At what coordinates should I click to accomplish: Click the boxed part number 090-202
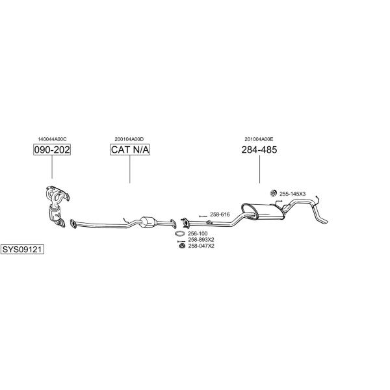52,149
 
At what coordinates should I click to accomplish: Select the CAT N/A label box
130,149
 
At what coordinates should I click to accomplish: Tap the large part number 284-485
259,149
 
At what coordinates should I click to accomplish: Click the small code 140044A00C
52,139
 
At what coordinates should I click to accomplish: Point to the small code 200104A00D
129,139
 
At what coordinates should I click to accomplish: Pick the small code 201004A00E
259,139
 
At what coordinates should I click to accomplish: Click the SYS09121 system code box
22,249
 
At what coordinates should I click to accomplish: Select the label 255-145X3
292,194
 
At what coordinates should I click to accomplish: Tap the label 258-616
220,214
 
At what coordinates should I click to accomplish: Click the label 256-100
198,233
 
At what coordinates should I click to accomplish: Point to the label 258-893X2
201,240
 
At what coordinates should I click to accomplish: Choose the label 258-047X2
201,246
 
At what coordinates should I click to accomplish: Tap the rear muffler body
263,211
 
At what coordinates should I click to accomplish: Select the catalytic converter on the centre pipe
148,222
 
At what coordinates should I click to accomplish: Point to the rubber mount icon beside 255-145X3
274,193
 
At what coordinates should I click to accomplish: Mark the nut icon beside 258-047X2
182,246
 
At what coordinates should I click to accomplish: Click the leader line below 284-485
259,170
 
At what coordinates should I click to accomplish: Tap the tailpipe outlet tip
326,222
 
